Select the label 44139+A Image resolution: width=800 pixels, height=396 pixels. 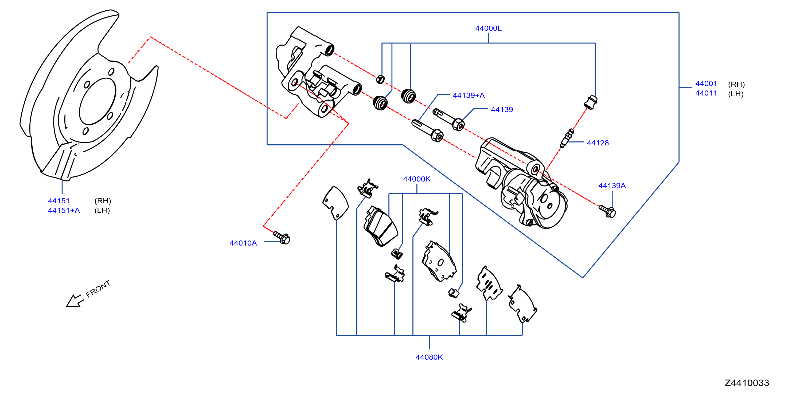[x=468, y=95]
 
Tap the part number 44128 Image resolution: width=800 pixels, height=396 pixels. [x=598, y=143]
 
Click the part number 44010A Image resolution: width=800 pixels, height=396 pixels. [x=243, y=243]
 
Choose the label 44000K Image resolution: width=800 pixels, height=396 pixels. [x=416, y=179]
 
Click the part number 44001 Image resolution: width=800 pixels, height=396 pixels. [x=706, y=84]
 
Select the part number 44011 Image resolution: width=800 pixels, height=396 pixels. [x=706, y=93]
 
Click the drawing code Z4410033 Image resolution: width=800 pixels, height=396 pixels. [x=747, y=383]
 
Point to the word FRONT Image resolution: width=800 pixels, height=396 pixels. [x=98, y=289]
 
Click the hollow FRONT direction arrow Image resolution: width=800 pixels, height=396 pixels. [x=75, y=301]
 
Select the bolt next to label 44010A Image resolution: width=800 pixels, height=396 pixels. [x=282, y=237]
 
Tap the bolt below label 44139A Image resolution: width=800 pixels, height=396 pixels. [x=607, y=211]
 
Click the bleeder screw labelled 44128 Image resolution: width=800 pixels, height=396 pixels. [x=567, y=138]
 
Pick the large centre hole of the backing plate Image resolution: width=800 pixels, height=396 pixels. [x=97, y=101]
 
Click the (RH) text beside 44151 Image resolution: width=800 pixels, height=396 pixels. [x=103, y=201]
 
